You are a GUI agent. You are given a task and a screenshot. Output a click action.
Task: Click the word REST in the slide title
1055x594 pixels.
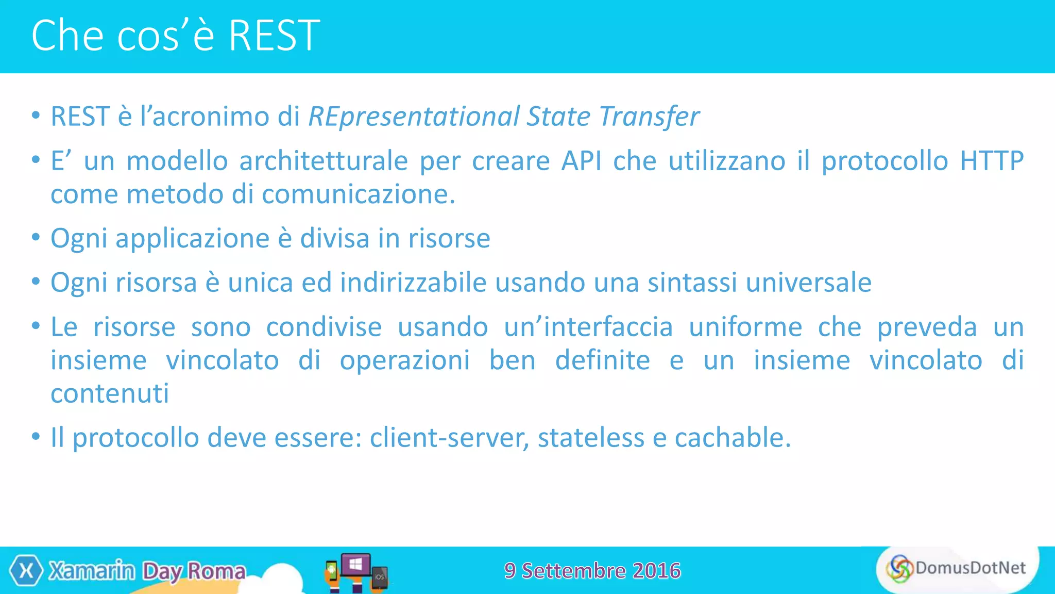click(274, 36)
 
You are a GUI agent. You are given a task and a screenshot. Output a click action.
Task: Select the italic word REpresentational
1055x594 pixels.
click(414, 117)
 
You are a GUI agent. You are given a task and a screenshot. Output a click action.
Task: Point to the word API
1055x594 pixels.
click(582, 161)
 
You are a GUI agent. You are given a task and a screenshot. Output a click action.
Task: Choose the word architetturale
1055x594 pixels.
click(324, 161)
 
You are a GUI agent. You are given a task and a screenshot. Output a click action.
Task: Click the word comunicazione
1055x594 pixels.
click(358, 194)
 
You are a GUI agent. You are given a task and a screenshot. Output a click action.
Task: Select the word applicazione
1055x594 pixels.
click(192, 239)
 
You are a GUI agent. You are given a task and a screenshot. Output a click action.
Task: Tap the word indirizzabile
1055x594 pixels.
click(413, 283)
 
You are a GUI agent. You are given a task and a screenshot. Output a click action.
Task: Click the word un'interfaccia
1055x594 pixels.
click(588, 327)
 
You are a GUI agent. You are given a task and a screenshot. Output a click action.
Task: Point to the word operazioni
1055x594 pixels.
click(404, 360)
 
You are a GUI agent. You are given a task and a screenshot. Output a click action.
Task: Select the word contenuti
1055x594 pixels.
click(110, 394)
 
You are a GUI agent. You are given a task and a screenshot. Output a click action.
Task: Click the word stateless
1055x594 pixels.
click(591, 438)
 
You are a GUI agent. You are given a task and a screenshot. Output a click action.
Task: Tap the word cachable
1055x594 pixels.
click(732, 438)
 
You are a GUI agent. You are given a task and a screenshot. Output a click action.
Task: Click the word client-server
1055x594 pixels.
click(449, 438)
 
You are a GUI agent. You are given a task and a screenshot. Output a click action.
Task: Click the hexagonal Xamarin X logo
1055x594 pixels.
click(26, 571)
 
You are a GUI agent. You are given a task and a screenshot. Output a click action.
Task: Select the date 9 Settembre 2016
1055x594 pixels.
click(592, 571)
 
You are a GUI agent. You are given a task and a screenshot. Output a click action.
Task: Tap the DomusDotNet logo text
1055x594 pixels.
click(970, 568)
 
